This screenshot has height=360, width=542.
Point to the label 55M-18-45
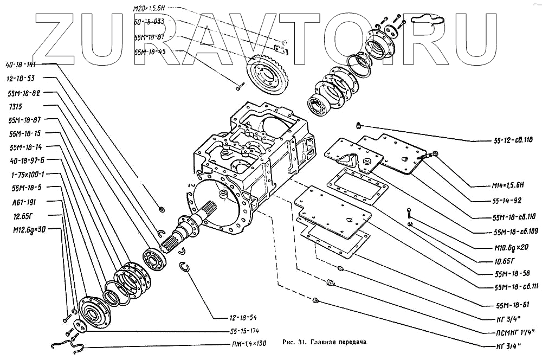tap(150, 52)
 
